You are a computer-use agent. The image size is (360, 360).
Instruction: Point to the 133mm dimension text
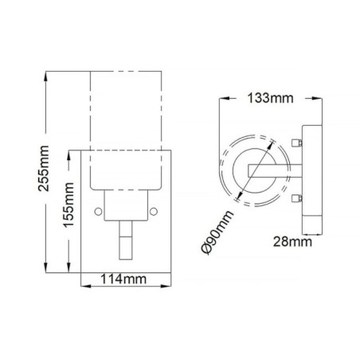pos(268,99)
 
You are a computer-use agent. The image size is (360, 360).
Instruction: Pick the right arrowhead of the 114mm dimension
pos(169,279)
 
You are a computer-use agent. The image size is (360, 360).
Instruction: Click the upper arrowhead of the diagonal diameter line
pos(271,143)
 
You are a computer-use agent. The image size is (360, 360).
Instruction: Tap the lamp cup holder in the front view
pos(126,205)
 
